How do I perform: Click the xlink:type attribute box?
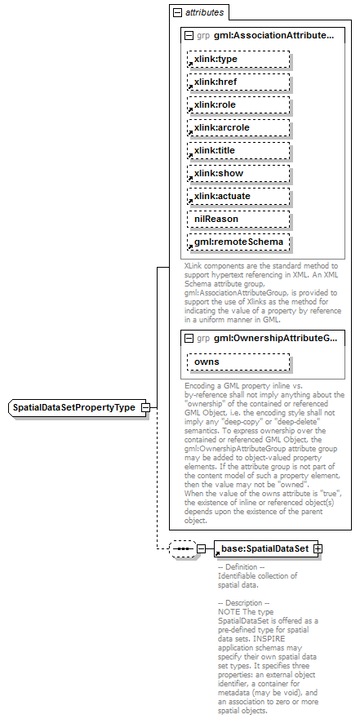coord(238,60)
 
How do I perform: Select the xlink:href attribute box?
coord(238,82)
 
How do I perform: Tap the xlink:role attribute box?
coord(238,105)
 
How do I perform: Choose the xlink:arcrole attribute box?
coord(238,128)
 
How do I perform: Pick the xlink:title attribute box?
coord(238,151)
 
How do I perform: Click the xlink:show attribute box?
coord(238,174)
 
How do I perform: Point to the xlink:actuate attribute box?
coord(238,197)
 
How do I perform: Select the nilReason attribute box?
coord(238,220)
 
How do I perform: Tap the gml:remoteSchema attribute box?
coord(238,242)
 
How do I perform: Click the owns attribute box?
coord(238,362)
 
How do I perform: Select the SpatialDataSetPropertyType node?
coord(73,407)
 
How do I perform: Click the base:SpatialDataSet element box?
coord(263,549)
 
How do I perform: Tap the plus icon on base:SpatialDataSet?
coord(318,549)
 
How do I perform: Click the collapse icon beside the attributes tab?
coord(176,13)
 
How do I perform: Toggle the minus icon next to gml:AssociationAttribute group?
coord(189,36)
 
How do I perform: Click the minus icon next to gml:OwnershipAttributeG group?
coord(189,338)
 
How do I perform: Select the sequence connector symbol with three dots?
coord(182,549)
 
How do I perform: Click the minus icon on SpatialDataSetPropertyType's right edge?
coord(144,407)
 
